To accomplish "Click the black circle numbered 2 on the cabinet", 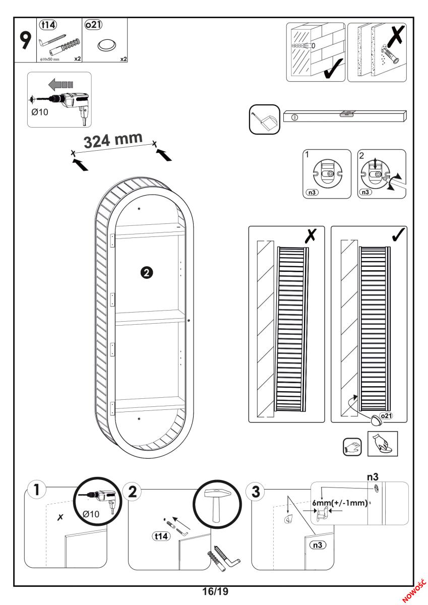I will pos(146,272).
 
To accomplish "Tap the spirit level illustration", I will pos(345,115).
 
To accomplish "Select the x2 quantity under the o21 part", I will pos(123,59).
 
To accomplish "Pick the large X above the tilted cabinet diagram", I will pos(309,237).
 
